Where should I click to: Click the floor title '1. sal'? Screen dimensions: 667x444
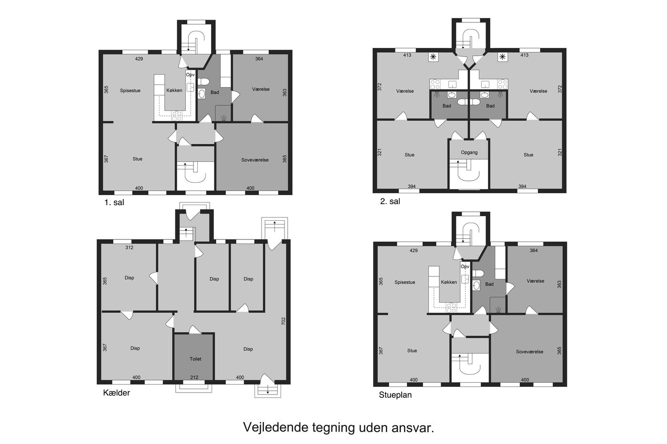tap(114, 203)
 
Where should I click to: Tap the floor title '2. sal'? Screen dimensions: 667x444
tap(390, 201)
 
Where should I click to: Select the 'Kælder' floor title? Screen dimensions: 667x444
tap(116, 393)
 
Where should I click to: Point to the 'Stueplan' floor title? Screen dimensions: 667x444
tap(395, 395)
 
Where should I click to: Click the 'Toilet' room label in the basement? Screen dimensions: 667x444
tap(195, 359)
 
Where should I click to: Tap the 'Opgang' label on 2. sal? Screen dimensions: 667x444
tap(469, 153)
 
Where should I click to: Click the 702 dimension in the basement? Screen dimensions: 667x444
tap(283, 321)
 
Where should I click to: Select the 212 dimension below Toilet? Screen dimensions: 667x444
tap(194, 377)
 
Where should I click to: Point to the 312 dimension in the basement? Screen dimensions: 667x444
tap(129, 247)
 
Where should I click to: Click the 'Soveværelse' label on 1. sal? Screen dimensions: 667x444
tap(255, 160)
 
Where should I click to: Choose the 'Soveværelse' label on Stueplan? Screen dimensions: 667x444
tap(529, 352)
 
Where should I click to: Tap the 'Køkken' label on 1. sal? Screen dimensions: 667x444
tap(174, 90)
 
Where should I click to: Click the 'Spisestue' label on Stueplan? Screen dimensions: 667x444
tap(404, 282)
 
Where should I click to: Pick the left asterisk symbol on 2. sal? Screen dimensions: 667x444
tap(433, 57)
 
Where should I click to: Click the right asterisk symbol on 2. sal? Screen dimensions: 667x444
tap(503, 57)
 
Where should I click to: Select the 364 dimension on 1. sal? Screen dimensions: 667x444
tap(259, 59)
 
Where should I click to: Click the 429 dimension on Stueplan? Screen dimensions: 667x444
tap(414, 251)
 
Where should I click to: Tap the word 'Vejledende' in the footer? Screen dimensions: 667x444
tap(276, 427)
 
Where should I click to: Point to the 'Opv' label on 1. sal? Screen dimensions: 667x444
tap(190, 75)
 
